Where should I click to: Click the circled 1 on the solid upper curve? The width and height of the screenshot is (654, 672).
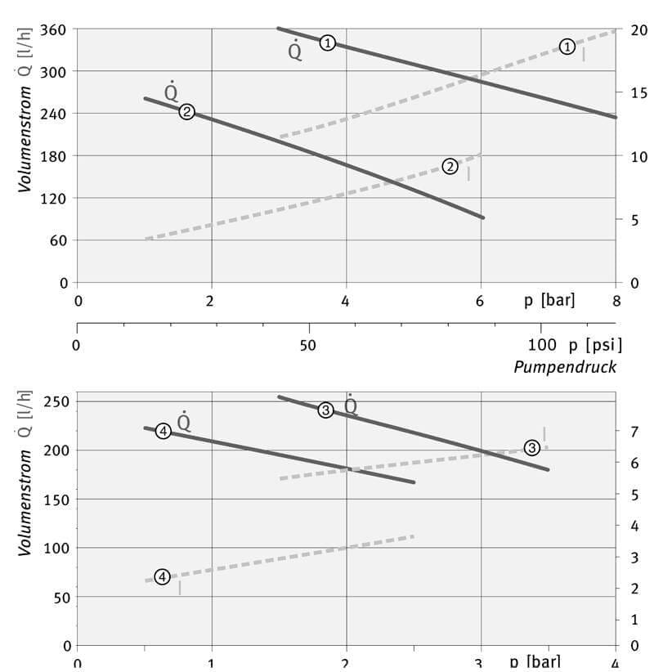(327, 43)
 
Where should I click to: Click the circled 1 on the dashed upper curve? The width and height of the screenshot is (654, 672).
(567, 47)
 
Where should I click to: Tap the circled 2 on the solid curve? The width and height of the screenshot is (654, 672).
(186, 112)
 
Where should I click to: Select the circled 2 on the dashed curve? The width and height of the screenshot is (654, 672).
(450, 166)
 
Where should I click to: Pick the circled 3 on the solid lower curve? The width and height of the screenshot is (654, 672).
(325, 410)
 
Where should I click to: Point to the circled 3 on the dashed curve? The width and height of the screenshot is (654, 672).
(532, 447)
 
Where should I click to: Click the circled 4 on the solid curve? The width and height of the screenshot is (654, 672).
(163, 431)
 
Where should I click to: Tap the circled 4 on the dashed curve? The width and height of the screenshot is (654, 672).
(162, 576)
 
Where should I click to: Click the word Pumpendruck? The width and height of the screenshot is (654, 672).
(565, 366)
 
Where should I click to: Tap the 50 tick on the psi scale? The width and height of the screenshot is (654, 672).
(308, 344)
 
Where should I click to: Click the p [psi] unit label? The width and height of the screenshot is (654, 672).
(589, 344)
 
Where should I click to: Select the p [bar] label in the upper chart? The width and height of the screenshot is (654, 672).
(549, 300)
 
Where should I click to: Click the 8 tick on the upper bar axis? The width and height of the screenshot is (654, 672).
(616, 300)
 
